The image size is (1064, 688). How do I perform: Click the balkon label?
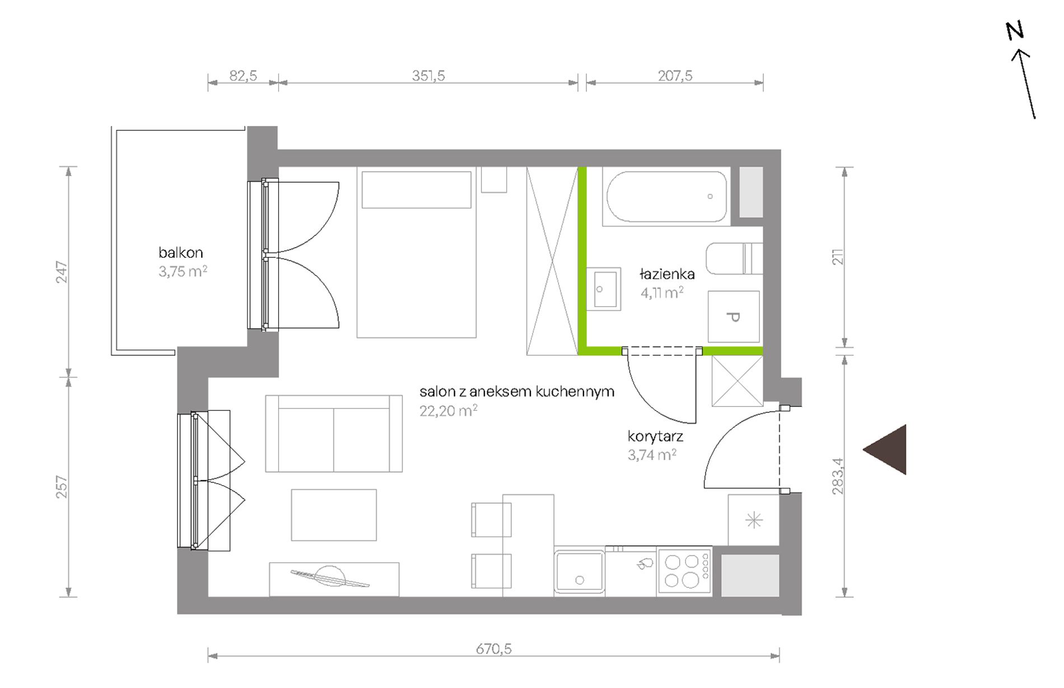tap(180, 253)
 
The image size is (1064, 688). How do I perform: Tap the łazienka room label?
tap(667, 274)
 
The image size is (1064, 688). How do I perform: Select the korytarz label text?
tap(655, 436)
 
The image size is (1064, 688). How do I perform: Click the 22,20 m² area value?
tap(448, 411)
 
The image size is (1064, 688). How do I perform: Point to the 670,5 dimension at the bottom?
tap(493, 649)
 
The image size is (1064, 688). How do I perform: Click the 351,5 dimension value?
tap(428, 76)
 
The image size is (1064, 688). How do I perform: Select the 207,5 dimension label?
tap(675, 76)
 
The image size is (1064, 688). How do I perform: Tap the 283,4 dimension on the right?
tap(838, 476)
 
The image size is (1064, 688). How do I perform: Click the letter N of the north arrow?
tap(1015, 31)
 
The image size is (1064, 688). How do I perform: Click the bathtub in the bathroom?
tap(666, 197)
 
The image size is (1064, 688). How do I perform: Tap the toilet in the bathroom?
tap(734, 258)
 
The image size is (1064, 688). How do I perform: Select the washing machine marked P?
tap(734, 317)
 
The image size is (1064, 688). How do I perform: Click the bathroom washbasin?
tap(604, 289)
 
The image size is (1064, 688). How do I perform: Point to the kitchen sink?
tap(580, 571)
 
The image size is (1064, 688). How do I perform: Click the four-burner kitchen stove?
tap(684, 571)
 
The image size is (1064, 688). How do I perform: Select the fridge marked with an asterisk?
tap(754, 520)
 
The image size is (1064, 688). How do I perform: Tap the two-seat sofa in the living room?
tap(334, 434)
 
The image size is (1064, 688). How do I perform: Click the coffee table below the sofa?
tap(334, 515)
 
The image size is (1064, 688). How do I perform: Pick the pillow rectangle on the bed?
tap(417, 190)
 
